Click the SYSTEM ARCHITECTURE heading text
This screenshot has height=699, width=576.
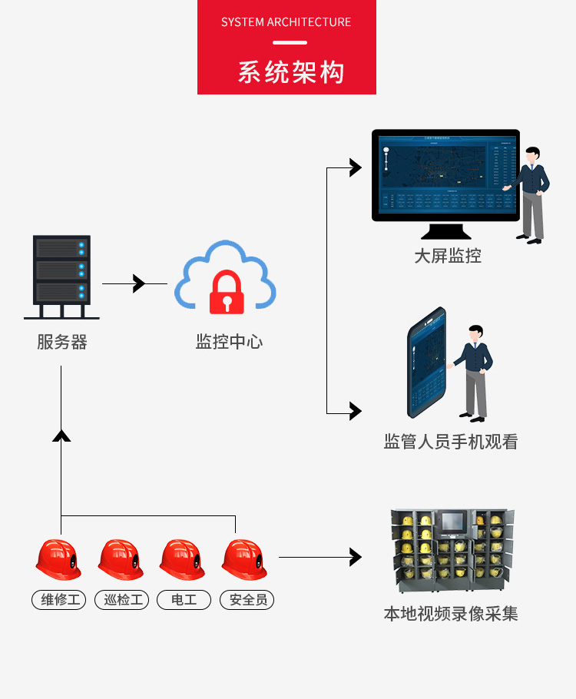coord(286,22)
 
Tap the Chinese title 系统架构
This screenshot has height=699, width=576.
coord(290,71)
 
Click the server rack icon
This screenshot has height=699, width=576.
coord(61,277)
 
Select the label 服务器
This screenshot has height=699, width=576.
coord(62,342)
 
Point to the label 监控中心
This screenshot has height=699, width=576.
coord(229,342)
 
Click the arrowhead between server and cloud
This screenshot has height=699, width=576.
coord(139,283)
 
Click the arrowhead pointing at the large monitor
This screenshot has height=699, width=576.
coord(355,167)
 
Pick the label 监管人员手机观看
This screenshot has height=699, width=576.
coord(451,442)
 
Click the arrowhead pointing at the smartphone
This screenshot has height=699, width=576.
coord(355,411)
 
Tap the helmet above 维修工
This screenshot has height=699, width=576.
coord(58,559)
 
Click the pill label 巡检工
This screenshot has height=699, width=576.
coord(121,600)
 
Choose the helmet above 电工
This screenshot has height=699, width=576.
coord(183,559)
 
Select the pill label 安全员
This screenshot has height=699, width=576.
coord(247,600)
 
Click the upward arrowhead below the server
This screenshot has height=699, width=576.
coord(61,436)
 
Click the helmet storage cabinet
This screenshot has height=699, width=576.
coord(451,551)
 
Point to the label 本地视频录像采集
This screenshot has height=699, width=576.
coord(451,614)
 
